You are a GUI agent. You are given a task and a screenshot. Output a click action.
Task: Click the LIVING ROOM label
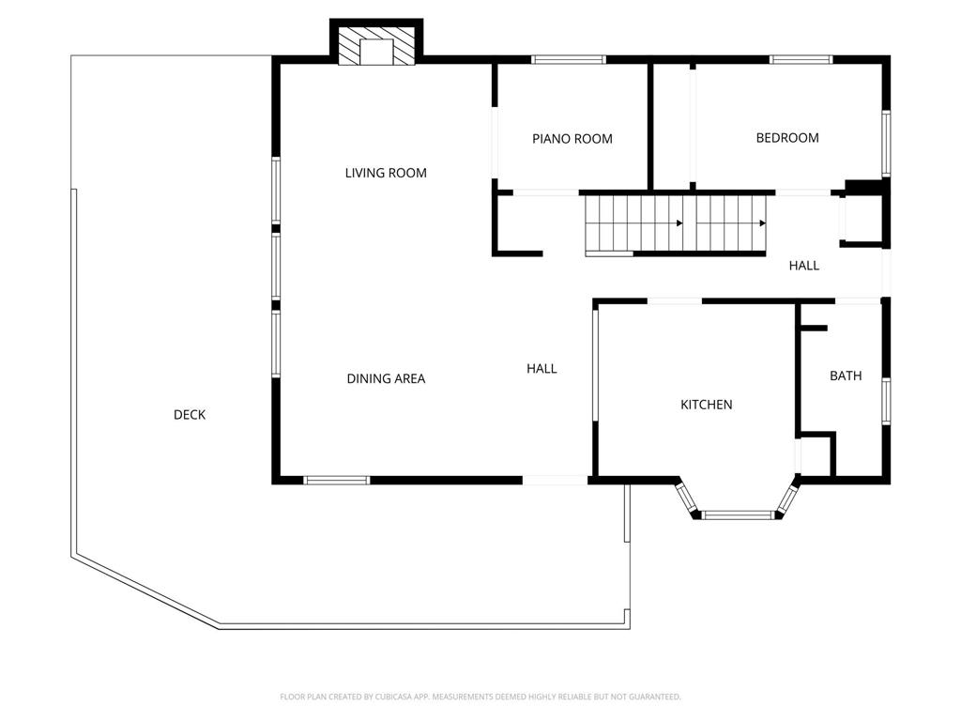coord(386,173)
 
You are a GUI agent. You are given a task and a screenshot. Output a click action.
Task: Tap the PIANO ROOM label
coord(572,139)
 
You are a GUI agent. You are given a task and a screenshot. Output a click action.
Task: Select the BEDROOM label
coord(787,138)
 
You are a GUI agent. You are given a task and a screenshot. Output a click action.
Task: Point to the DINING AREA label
coord(386,379)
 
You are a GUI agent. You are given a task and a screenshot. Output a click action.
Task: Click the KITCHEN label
coord(706,405)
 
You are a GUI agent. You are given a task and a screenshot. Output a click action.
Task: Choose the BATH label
coord(846,376)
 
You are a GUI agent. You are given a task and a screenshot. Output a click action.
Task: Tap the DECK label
coord(190,415)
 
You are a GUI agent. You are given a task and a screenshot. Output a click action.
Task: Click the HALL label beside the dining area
coord(542,368)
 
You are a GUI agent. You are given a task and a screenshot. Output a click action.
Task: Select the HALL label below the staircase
coord(803,266)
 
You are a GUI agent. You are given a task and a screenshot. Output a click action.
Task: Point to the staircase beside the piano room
coord(676,223)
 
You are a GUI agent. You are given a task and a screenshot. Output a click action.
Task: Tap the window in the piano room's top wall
coord(568,59)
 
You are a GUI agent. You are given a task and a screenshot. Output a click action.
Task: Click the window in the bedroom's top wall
coord(801,59)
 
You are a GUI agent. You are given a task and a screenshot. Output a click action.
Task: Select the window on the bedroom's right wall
coord(886,144)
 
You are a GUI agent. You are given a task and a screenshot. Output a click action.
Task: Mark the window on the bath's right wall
coord(886,401)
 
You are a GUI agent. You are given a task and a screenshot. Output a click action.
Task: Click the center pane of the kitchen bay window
coord(739,515)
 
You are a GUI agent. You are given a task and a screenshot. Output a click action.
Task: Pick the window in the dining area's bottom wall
coord(337,480)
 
